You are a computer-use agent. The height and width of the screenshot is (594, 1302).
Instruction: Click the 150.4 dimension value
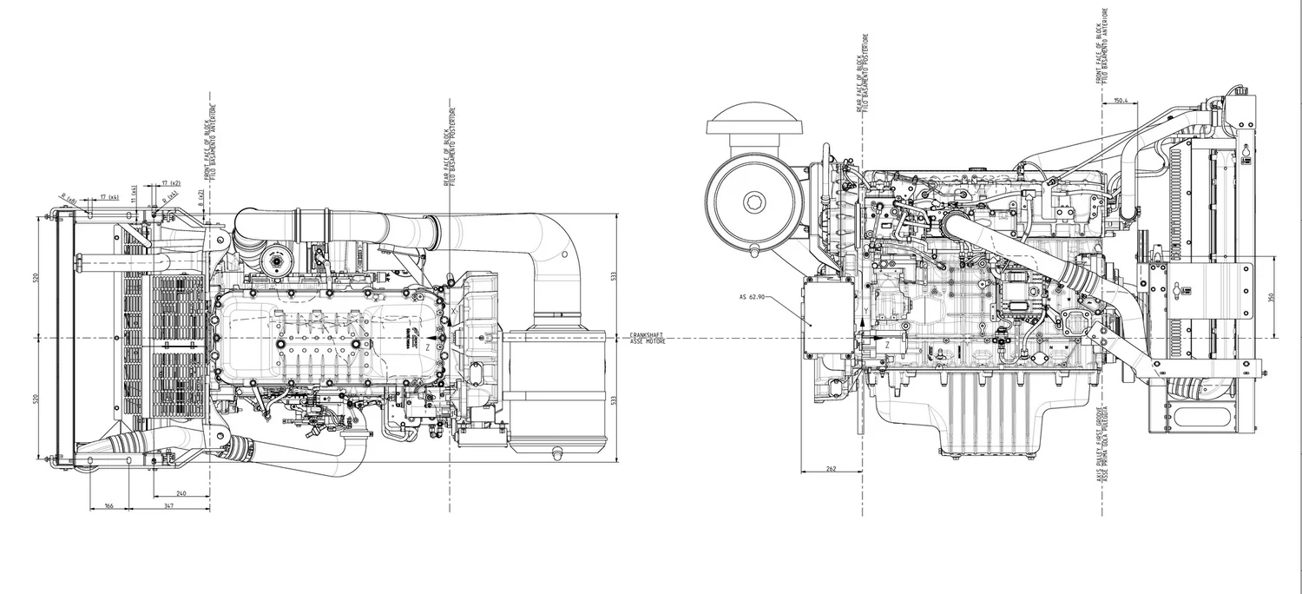[x=1120, y=101]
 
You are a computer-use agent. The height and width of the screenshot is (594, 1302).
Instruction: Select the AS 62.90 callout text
[x=752, y=296]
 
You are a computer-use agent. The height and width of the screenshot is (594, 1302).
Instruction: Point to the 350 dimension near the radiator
[x=1270, y=297]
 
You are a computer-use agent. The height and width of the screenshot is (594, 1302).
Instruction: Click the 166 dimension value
[x=108, y=505]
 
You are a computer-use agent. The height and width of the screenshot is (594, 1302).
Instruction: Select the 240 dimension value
[x=181, y=492]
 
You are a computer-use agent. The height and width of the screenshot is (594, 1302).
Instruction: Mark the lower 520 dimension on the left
[x=36, y=398]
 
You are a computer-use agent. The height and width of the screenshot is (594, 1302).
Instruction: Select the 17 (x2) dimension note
[x=170, y=183]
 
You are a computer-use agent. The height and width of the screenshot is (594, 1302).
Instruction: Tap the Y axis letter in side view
[x=866, y=310]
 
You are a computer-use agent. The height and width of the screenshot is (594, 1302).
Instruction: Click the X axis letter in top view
[x=453, y=308]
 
